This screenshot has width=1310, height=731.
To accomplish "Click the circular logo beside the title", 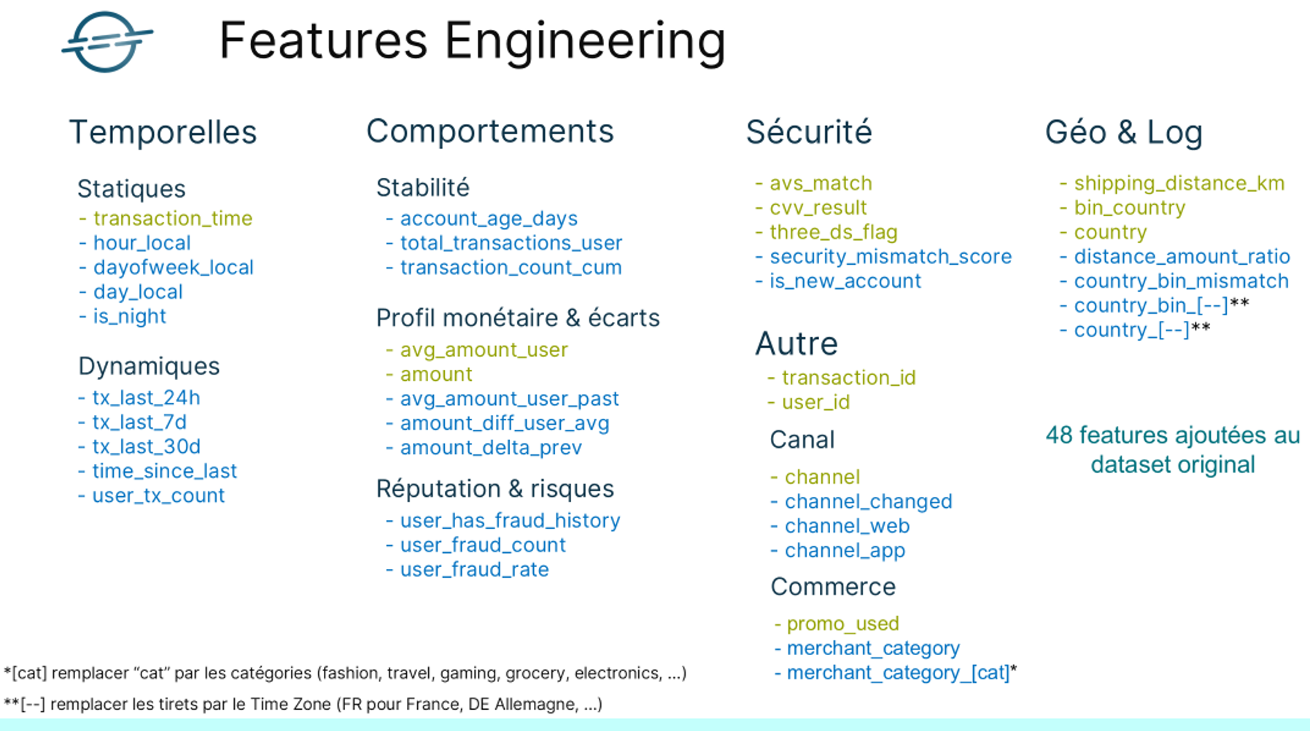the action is tap(107, 42).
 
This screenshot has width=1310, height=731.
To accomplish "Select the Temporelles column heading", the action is tap(163, 132).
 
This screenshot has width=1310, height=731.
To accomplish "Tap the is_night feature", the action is tap(129, 316).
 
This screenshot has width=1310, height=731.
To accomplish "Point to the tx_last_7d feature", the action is tap(139, 422).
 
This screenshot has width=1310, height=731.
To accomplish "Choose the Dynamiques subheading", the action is tap(149, 366).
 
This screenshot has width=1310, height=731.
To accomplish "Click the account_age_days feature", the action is tap(489, 218).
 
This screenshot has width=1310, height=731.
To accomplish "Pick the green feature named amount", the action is tap(436, 374).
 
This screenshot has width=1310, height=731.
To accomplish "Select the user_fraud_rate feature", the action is tap(474, 569).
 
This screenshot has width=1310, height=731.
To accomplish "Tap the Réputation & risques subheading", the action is tap(495, 489).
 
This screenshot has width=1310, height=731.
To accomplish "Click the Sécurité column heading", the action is tap(809, 132).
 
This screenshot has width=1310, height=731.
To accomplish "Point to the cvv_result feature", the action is tap(818, 208).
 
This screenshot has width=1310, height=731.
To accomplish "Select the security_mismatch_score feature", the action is tap(891, 257).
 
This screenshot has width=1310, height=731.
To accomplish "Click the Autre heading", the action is tap(797, 344).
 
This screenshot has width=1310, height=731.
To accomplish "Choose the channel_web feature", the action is tap(847, 526).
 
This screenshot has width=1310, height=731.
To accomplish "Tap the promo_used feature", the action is tap(842, 624).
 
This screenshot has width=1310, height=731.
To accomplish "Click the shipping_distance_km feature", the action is tap(1179, 183).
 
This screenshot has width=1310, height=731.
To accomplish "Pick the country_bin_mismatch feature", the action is tap(1181, 281).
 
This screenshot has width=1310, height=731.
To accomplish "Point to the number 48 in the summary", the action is tap(1059, 436).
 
